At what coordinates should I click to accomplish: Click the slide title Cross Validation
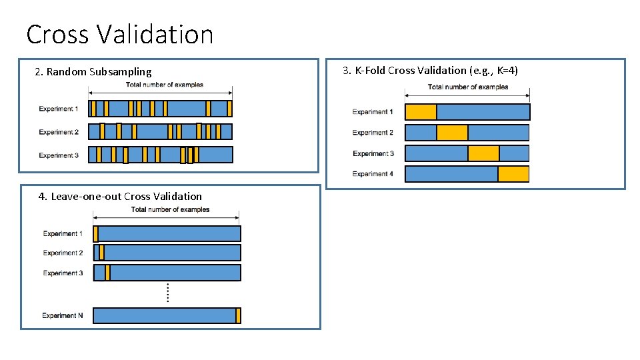(x=120, y=34)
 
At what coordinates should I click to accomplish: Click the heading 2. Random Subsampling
(x=93, y=71)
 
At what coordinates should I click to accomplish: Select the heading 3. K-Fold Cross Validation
(x=430, y=70)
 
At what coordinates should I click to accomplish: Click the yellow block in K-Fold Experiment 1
(x=421, y=112)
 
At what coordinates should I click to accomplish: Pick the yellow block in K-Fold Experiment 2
(x=452, y=133)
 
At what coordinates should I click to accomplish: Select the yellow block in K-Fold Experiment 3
(x=483, y=153)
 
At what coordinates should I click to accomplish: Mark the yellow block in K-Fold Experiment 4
(x=513, y=174)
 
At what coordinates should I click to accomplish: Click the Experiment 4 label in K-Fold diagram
(x=373, y=174)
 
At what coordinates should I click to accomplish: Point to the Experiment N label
(x=63, y=315)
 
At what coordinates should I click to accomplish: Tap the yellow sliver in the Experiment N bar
(x=238, y=315)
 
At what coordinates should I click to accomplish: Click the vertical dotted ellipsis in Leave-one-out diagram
(x=167, y=292)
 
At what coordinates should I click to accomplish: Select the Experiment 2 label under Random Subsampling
(x=59, y=132)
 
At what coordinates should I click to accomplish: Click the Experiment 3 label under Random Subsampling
(x=59, y=155)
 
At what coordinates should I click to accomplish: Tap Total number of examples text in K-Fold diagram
(x=468, y=87)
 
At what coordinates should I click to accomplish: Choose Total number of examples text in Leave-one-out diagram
(x=171, y=209)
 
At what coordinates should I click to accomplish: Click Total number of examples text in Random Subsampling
(x=165, y=85)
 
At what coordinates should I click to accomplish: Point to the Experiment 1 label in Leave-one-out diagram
(x=63, y=233)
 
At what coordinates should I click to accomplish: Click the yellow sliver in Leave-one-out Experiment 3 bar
(x=108, y=273)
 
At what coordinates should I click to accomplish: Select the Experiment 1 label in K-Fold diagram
(x=373, y=112)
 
